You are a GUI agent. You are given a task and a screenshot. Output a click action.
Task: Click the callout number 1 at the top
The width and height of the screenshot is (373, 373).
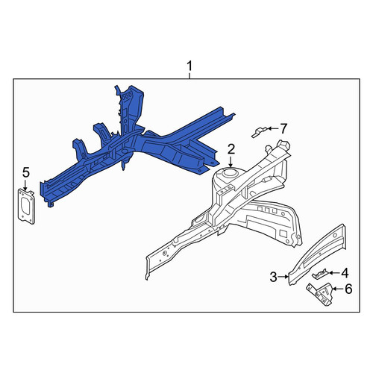tap(189, 66)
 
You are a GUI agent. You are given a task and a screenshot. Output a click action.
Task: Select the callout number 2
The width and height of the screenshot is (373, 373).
tap(231, 149)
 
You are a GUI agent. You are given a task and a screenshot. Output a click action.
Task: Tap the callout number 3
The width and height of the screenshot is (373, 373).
tap(273, 277)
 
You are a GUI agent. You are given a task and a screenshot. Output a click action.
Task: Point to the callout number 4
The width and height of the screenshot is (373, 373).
tap(345, 273)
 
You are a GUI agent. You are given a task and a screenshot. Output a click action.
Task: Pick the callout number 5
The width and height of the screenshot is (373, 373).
tap(26, 172)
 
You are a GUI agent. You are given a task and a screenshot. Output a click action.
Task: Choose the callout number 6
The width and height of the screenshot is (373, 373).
tap(348, 289)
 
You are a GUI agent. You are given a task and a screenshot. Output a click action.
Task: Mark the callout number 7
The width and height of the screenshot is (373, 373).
tap(283, 128)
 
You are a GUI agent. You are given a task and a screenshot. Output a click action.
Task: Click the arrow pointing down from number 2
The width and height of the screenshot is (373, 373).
tap(231, 162)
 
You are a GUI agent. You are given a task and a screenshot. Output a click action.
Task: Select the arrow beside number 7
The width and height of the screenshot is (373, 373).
tap(273, 128)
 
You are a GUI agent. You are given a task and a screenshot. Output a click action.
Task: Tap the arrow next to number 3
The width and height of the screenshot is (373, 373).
tap(283, 277)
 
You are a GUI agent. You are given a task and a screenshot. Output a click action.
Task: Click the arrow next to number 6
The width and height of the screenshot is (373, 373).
tap(338, 289)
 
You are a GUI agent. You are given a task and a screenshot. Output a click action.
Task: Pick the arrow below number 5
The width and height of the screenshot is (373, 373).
tap(25, 185)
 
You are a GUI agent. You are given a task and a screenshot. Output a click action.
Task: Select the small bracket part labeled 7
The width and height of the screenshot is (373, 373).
tap(260, 132)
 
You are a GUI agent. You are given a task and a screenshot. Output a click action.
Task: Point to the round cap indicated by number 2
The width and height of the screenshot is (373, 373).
tap(230, 172)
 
